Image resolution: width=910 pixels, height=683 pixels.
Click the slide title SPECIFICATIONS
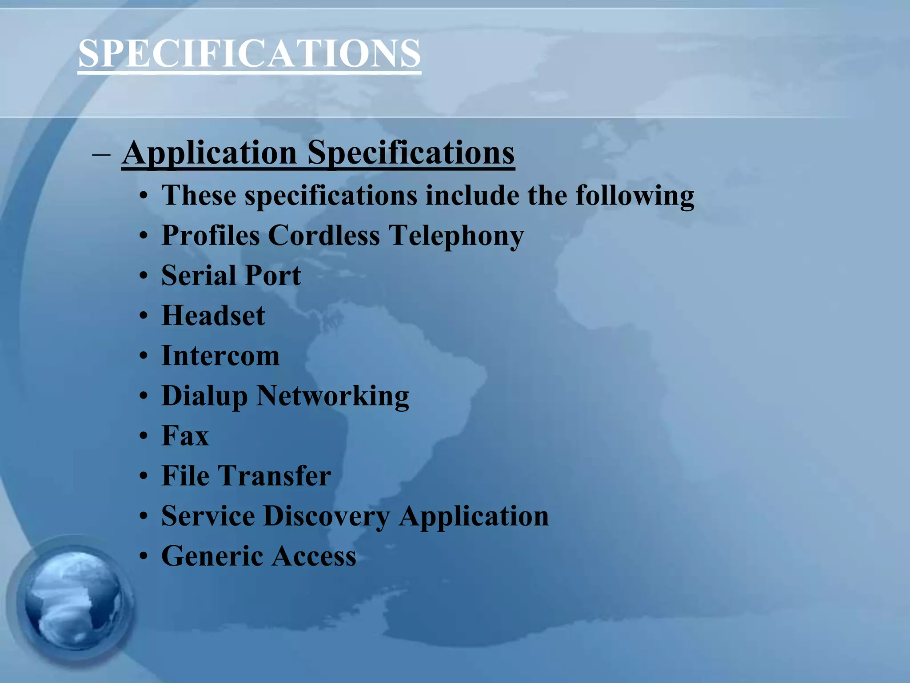249,53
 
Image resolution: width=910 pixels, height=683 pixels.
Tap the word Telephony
456,236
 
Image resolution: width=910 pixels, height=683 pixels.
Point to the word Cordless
324,235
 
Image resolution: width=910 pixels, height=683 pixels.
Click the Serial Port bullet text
231,275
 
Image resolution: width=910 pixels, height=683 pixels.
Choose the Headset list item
213,315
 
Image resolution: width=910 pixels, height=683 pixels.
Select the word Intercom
220,356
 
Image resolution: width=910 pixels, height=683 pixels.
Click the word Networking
333,396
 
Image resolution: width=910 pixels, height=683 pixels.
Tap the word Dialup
204,396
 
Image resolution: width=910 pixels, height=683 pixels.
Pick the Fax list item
185,436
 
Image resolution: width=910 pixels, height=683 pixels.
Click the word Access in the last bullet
314,556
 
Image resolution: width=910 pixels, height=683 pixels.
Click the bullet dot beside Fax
143,436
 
